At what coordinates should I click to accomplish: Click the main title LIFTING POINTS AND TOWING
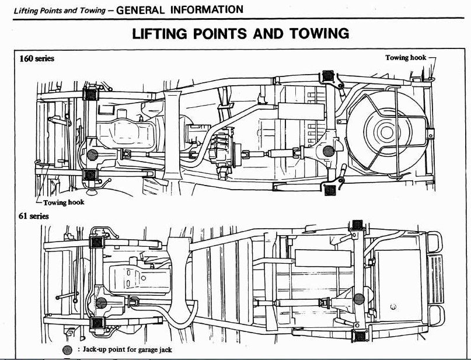coord(241,33)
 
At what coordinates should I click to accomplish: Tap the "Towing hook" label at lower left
coord(64,202)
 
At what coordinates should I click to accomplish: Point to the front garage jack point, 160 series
coord(92,154)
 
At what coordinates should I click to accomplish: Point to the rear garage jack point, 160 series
coord(330,150)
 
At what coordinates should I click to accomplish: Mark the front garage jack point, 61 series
coord(100,303)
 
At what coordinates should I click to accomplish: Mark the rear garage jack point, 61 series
coord(359,299)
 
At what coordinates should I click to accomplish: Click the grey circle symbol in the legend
coord(67,350)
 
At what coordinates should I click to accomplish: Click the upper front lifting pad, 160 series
coord(92,94)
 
